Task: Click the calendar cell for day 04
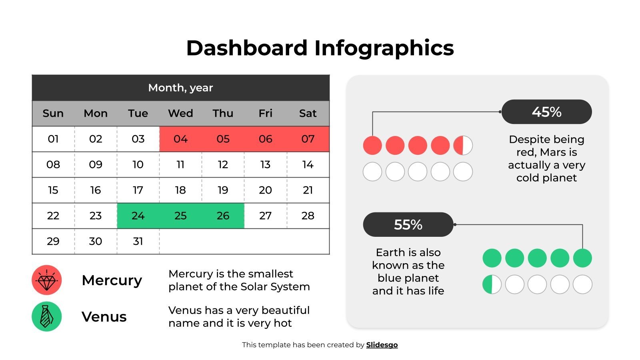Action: tap(180, 139)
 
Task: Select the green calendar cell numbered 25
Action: tap(180, 216)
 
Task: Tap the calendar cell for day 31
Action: tap(138, 241)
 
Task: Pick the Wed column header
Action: tap(180, 113)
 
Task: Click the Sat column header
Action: tap(308, 113)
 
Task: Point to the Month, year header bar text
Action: tap(180, 88)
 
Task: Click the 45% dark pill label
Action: tap(546, 112)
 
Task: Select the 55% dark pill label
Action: tap(408, 225)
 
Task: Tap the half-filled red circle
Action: tap(463, 145)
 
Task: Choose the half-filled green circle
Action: tap(492, 284)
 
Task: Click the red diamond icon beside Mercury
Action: tap(47, 280)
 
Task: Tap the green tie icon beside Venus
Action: tap(47, 316)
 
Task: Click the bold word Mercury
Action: tap(112, 280)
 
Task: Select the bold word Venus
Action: tap(104, 317)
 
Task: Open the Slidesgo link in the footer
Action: tap(382, 345)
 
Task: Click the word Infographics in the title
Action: tap(384, 48)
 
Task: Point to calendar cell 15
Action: tap(53, 190)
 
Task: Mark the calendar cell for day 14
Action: tap(308, 164)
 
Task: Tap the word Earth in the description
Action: tap(390, 252)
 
